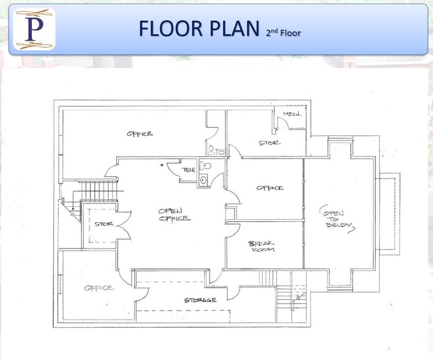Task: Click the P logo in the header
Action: coord(34,29)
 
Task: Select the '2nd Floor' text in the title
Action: coord(283,31)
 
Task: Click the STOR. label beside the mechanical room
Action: coord(269,143)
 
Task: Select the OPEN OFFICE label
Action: coord(174,214)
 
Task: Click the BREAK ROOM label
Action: coord(262,246)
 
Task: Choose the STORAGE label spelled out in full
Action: coord(200,300)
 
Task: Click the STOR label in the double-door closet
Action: coord(104,224)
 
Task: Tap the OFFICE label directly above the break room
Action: coord(269,188)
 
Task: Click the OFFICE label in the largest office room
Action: coord(140,133)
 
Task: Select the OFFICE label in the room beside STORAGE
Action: coord(98,288)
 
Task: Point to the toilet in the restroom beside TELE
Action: coord(206,166)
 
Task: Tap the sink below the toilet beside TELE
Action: coord(203,180)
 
